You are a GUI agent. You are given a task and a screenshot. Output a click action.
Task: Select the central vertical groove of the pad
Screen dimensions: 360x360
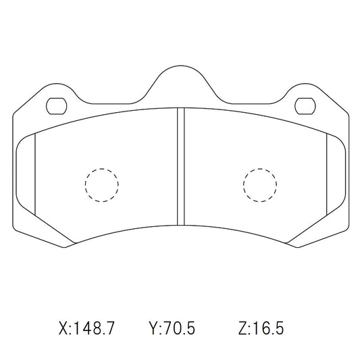pyautogui.click(x=181, y=166)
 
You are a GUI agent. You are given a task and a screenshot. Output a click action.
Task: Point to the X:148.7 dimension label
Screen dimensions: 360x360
pyautogui.click(x=86, y=328)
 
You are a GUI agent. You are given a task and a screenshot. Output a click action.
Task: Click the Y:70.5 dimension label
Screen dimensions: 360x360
pyautogui.click(x=172, y=328)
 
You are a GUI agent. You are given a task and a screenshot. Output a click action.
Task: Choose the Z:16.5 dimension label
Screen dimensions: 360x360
pyautogui.click(x=261, y=328)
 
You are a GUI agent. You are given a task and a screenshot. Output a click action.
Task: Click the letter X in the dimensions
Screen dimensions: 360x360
pyautogui.click(x=63, y=328)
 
